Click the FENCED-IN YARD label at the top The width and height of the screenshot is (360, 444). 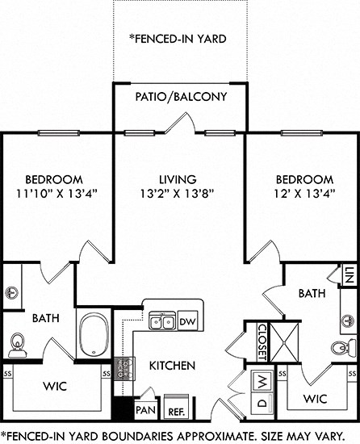point(178,38)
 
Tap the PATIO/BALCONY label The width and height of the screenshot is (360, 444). point(179,97)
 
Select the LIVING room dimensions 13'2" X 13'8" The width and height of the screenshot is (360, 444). point(178,193)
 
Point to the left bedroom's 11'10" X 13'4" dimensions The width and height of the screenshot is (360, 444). point(54,193)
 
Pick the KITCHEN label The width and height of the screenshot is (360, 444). point(172,366)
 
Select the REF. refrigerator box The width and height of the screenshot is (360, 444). point(176,407)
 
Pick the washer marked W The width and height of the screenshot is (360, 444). point(263,380)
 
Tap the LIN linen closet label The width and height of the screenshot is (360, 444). point(350,277)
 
